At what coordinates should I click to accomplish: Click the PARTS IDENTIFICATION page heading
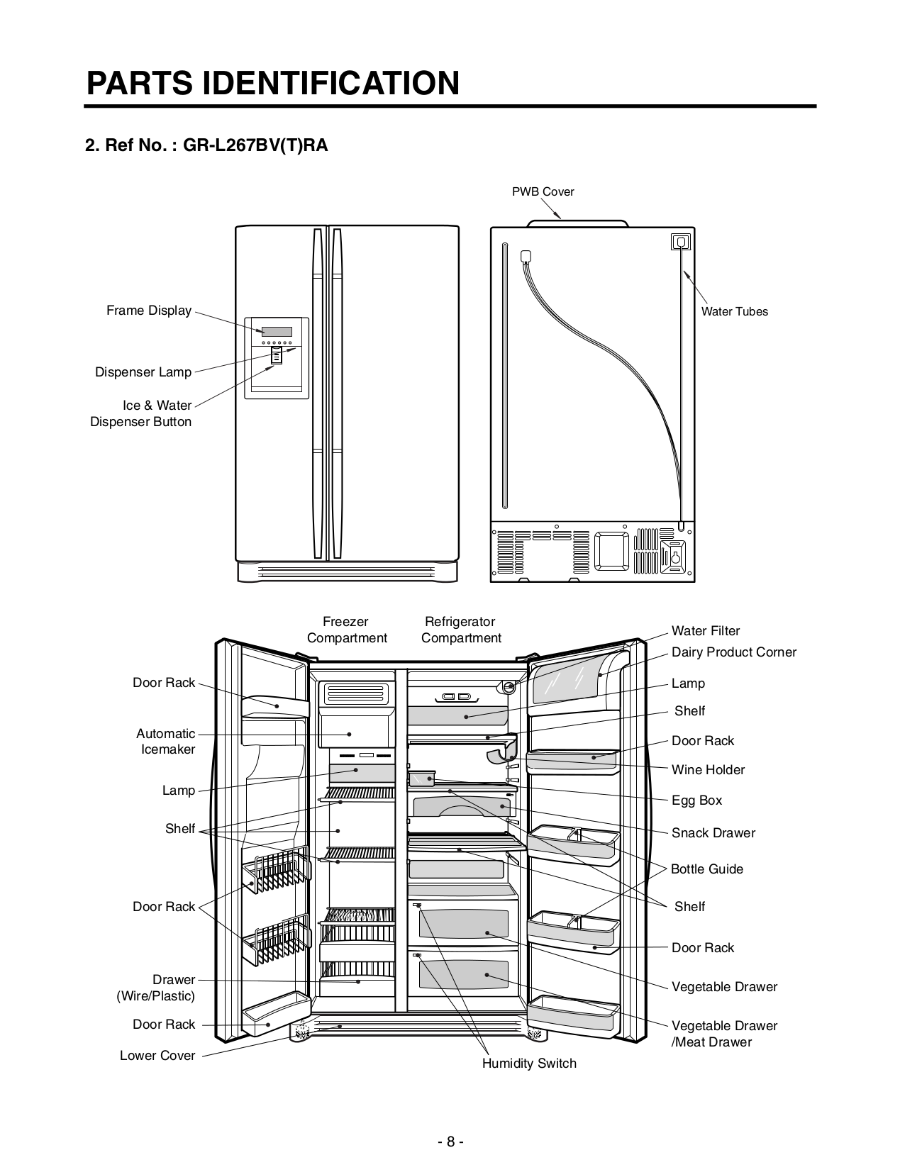(x=272, y=83)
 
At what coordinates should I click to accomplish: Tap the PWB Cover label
(x=543, y=191)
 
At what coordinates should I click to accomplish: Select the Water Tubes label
(x=734, y=311)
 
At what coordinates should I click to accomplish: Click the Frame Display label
(x=149, y=311)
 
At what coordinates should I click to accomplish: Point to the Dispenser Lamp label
(x=143, y=372)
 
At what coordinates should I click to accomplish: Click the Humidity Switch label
(x=529, y=1064)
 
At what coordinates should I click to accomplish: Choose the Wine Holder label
(x=708, y=770)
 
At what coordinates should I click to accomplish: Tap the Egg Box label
(x=696, y=800)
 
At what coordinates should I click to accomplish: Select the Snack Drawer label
(x=713, y=833)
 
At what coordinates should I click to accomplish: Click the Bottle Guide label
(x=706, y=869)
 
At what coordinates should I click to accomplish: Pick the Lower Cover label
(x=157, y=1056)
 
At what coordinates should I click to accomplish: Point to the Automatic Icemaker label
(x=166, y=742)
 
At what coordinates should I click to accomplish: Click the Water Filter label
(x=705, y=631)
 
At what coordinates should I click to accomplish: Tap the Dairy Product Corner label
(x=733, y=652)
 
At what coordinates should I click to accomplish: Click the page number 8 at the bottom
(x=450, y=1142)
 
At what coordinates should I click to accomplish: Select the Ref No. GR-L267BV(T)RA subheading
(x=206, y=146)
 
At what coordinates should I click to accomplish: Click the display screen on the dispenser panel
(x=277, y=332)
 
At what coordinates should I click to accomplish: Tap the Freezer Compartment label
(x=347, y=630)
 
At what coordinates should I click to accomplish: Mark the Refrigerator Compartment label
(x=460, y=630)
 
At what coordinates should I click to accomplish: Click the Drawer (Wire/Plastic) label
(x=156, y=988)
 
